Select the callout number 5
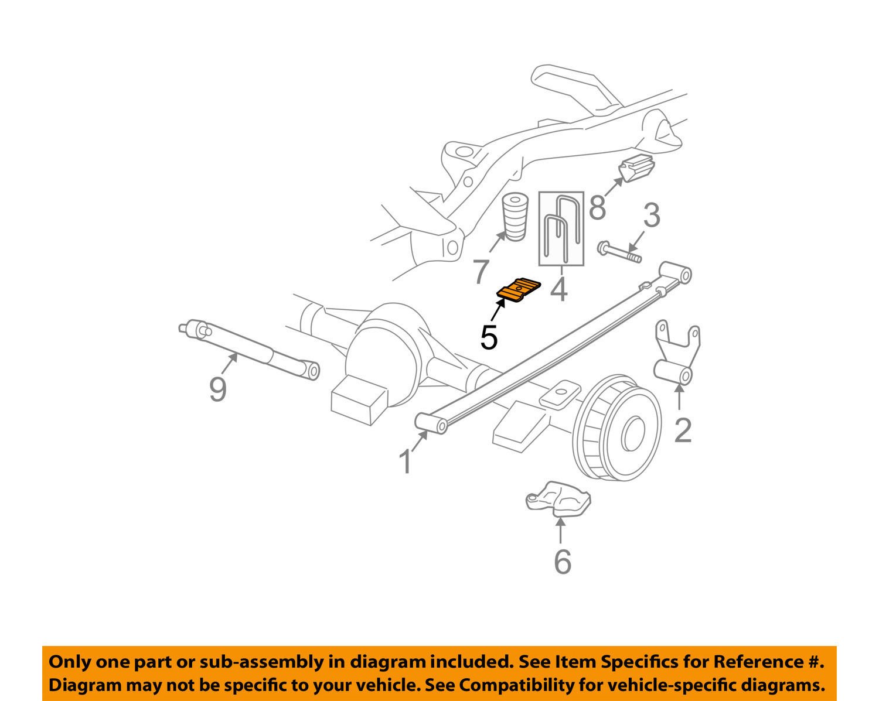coord(489,337)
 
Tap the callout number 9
coord(218,389)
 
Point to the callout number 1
coord(406,461)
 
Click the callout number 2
coord(683,430)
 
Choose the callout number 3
coord(652,216)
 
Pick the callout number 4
coord(560,289)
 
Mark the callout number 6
coord(562,562)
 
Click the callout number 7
coord(481,272)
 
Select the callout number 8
coord(597,207)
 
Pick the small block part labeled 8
coord(636,169)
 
